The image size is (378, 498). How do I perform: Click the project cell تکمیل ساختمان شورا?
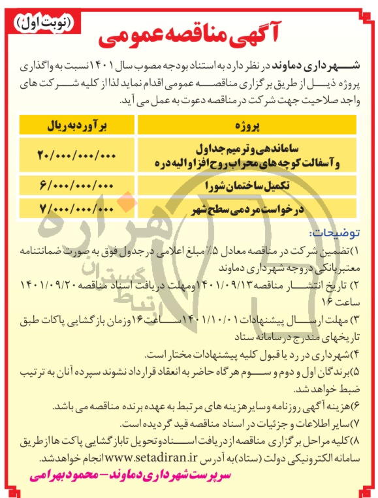tap(250, 187)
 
